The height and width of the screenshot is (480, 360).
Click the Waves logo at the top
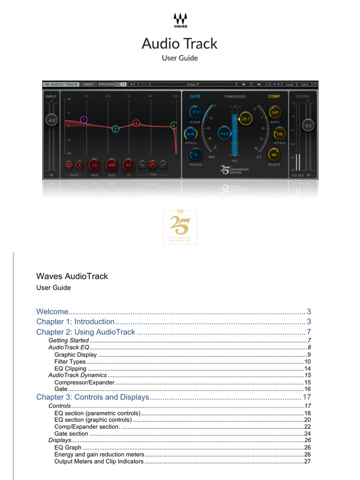click(x=180, y=20)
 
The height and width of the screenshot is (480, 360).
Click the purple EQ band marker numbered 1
click(x=83, y=120)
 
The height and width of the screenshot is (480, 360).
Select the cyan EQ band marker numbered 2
click(x=115, y=128)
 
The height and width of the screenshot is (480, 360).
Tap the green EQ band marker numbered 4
click(x=173, y=126)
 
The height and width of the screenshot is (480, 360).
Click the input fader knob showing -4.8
click(x=51, y=120)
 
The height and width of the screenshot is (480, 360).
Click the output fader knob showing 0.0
click(x=308, y=126)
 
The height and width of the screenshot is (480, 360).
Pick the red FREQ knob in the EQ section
click(x=112, y=165)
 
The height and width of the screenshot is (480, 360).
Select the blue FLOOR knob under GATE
click(x=195, y=112)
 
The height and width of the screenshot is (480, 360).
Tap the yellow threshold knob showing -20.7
click(x=246, y=120)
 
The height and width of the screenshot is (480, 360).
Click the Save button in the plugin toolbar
click(x=305, y=84)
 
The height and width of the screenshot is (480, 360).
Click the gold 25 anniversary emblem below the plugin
click(x=180, y=227)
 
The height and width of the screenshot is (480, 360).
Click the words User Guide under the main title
click(x=180, y=58)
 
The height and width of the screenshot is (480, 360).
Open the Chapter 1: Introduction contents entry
click(x=75, y=322)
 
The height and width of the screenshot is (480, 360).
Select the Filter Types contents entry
click(x=70, y=361)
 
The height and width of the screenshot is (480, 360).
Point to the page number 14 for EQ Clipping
click(x=307, y=368)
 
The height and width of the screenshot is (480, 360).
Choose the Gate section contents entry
click(x=71, y=434)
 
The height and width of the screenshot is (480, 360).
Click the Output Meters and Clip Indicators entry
click(x=99, y=461)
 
